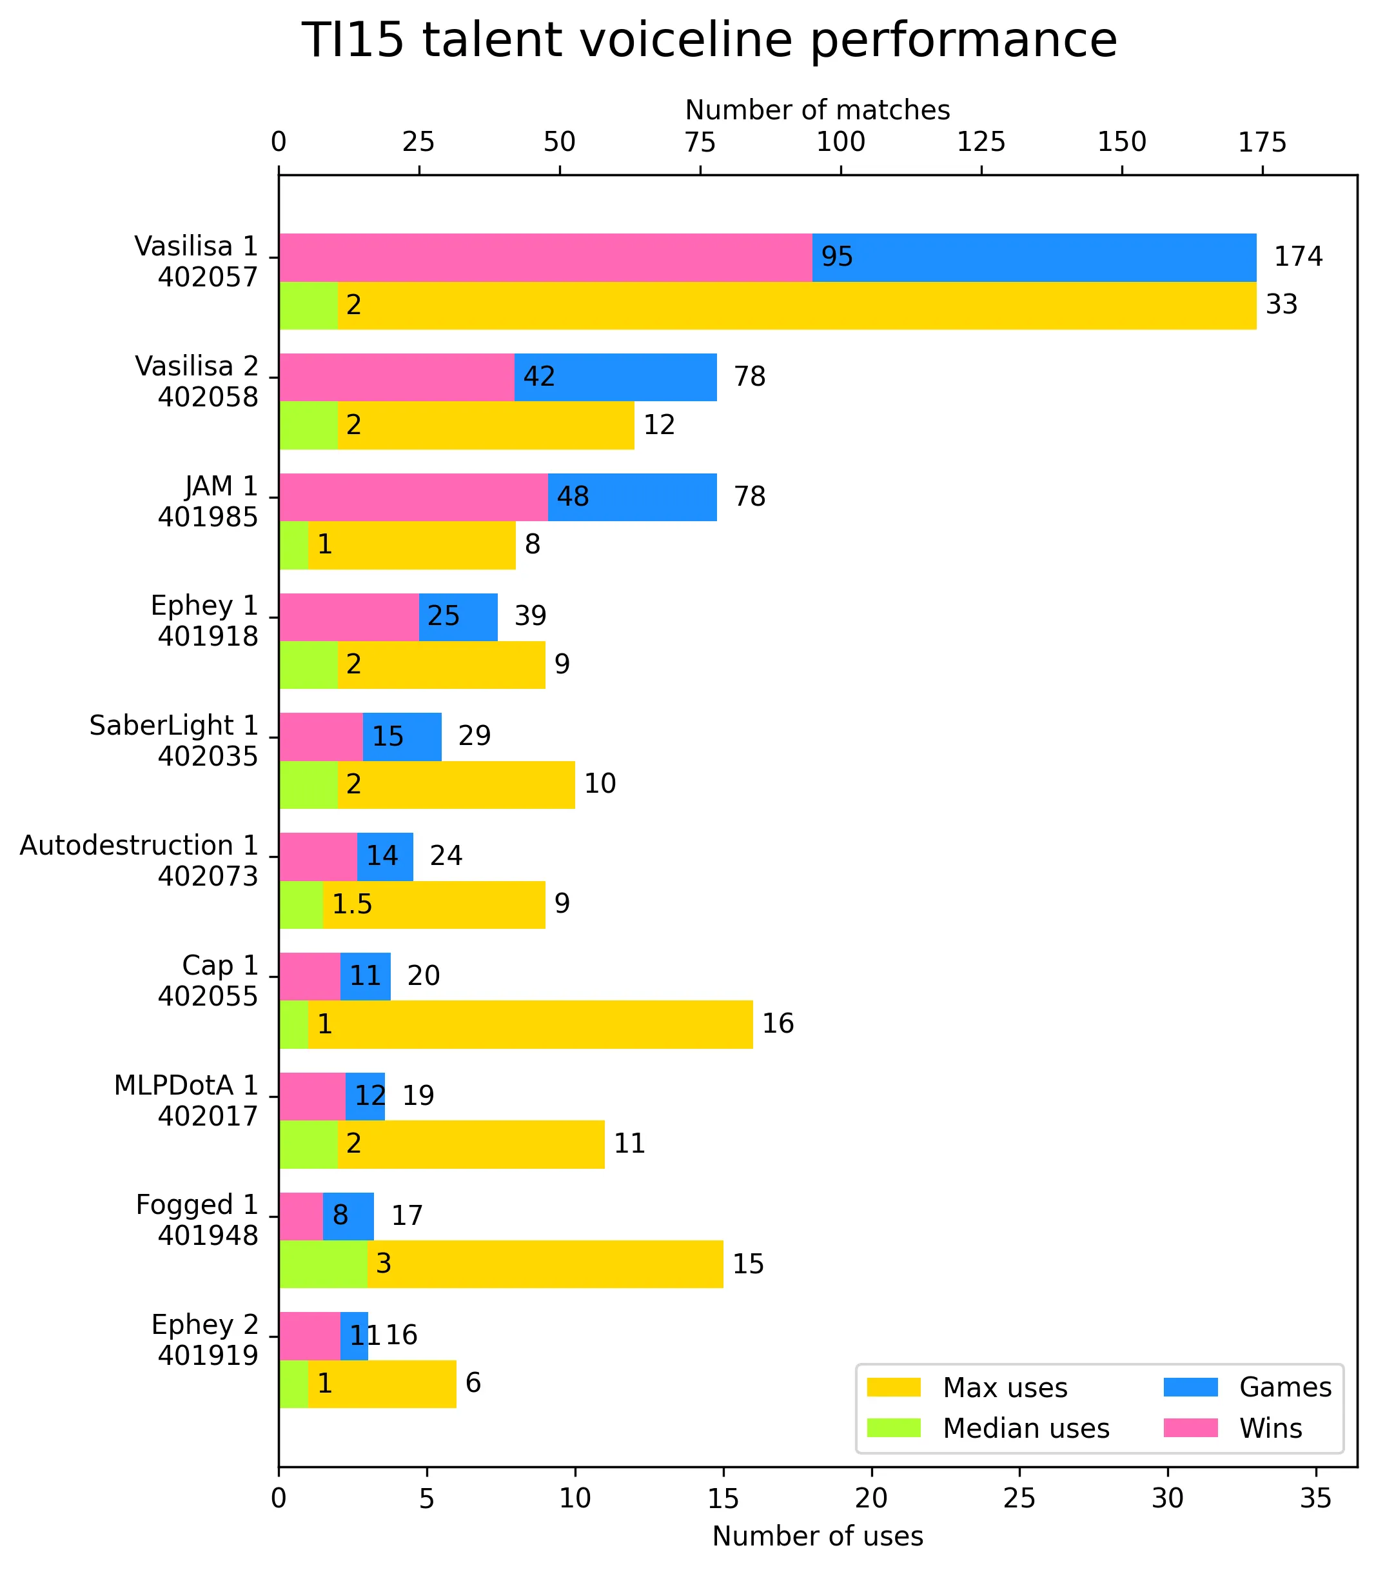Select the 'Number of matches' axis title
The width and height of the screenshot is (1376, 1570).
pyautogui.click(x=818, y=110)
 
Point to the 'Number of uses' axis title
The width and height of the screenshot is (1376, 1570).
pyautogui.click(x=818, y=1536)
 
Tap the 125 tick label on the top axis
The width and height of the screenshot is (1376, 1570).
pyautogui.click(x=981, y=142)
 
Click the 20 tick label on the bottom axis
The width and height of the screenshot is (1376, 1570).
pyautogui.click(x=872, y=1498)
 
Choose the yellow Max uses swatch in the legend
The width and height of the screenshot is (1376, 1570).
pyautogui.click(x=894, y=1387)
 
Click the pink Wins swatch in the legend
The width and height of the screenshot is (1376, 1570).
pyautogui.click(x=1191, y=1428)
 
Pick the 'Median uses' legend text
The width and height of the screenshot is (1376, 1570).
pyautogui.click(x=1026, y=1429)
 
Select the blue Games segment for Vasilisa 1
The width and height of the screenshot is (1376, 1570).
pyautogui.click(x=1034, y=257)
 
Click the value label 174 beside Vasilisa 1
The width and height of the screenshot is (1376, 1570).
pyautogui.click(x=1299, y=257)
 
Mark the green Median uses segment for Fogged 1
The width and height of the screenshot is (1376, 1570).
pyautogui.click(x=323, y=1264)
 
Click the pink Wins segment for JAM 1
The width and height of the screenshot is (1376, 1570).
pyautogui.click(x=414, y=497)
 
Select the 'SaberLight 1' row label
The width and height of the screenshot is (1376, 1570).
pyautogui.click(x=173, y=726)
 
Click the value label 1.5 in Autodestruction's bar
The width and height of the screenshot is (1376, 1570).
pyautogui.click(x=351, y=904)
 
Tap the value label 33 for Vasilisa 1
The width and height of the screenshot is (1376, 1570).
pyautogui.click(x=1282, y=305)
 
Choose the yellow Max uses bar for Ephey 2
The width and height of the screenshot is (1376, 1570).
pyautogui.click(x=382, y=1384)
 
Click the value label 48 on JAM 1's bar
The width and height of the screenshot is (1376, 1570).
pyautogui.click(x=573, y=497)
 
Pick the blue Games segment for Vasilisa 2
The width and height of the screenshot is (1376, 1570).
pyautogui.click(x=616, y=377)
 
